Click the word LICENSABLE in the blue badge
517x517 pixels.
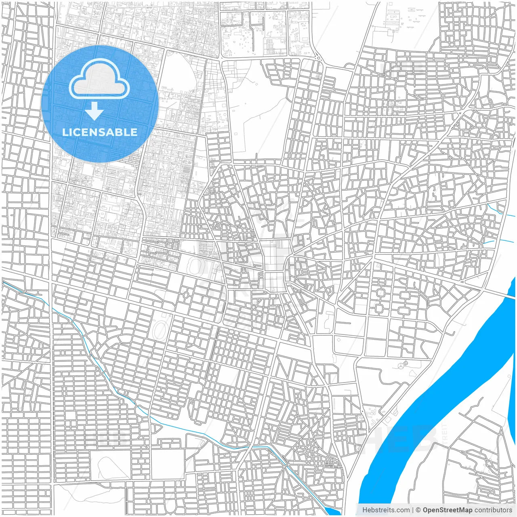[x=100, y=132]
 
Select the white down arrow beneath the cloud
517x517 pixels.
[x=95, y=111]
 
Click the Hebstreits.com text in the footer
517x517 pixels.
[x=386, y=510]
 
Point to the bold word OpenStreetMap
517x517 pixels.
[x=448, y=510]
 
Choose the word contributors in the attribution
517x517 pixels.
[x=493, y=510]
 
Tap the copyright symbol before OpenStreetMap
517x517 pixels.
[x=418, y=510]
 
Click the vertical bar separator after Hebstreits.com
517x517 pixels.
[x=413, y=510]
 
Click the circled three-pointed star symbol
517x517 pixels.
[x=400, y=365]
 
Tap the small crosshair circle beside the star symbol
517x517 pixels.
[x=406, y=364]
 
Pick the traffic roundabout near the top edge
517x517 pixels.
[x=318, y=58]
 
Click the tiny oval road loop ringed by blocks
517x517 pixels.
[x=186, y=295]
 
